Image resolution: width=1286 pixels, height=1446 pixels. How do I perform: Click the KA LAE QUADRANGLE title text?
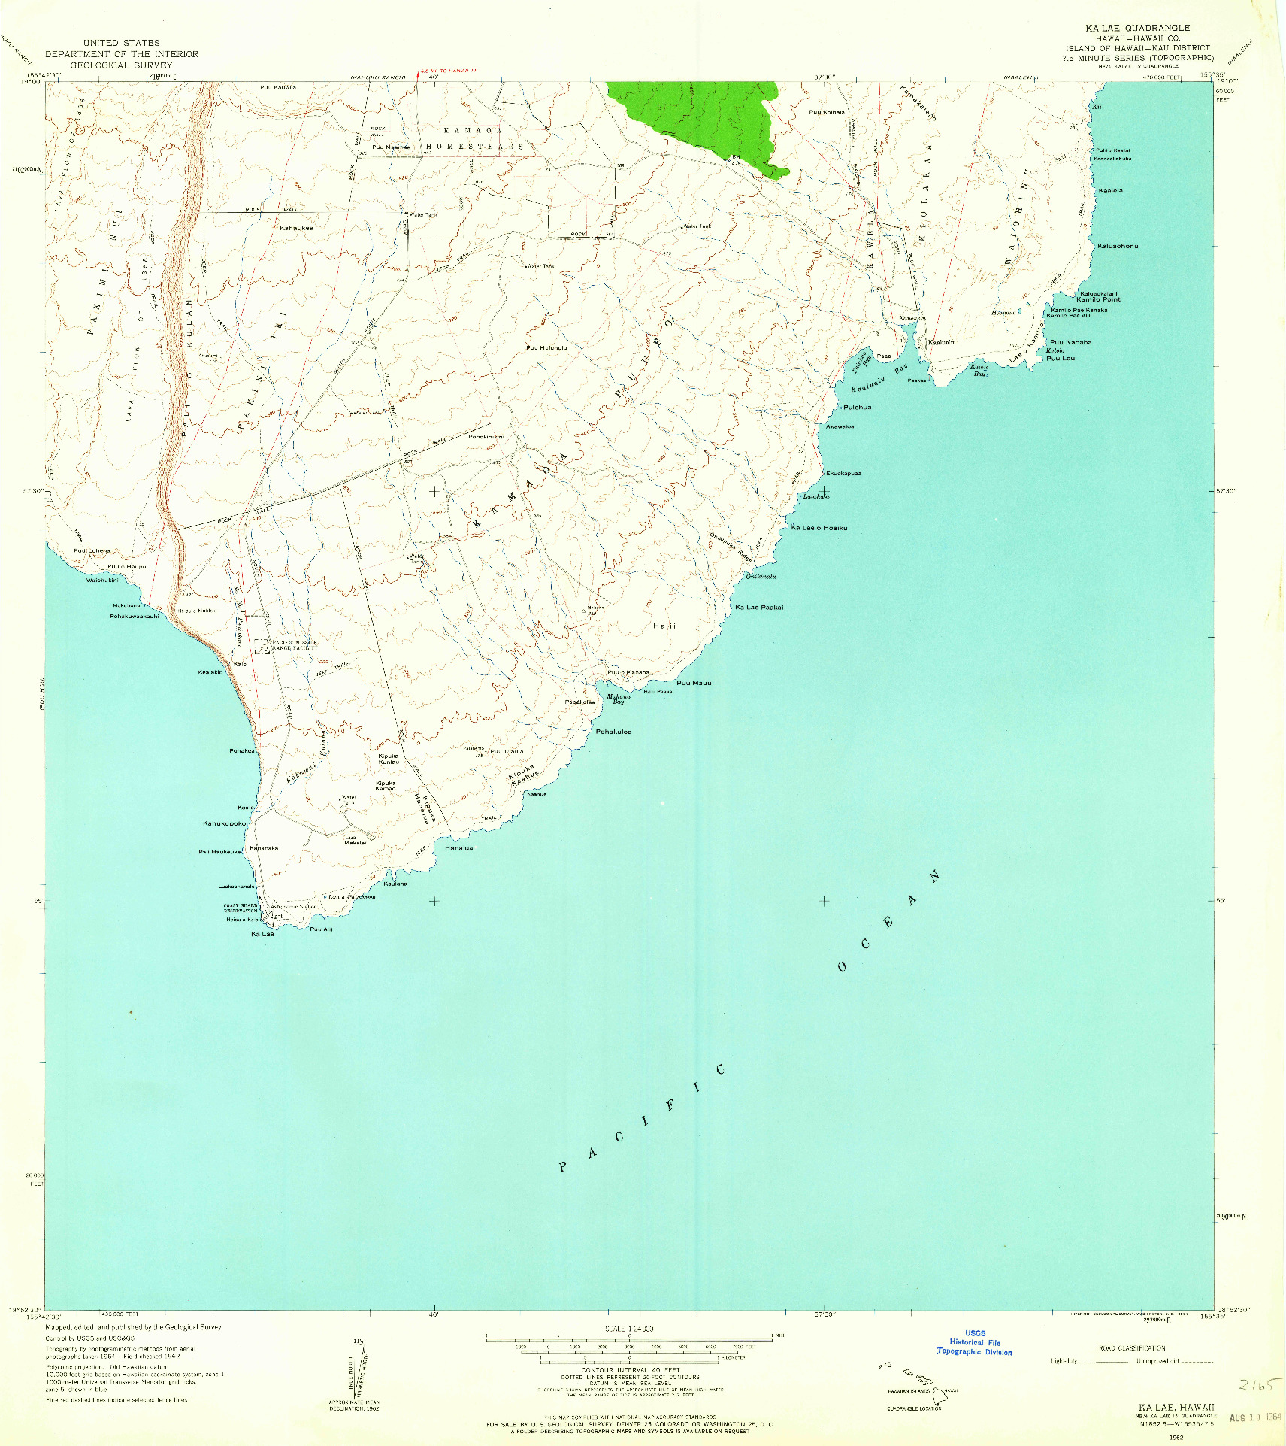pos(1136,28)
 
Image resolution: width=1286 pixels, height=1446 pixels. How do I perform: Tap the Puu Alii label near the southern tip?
pos(321,929)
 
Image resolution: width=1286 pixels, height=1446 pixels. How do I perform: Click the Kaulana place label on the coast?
pos(395,884)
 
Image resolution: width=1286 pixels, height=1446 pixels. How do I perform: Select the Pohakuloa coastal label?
pos(613,732)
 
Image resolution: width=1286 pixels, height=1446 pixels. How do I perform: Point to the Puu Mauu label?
pos(694,683)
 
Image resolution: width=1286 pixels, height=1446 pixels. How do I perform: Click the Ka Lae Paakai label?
pos(759,607)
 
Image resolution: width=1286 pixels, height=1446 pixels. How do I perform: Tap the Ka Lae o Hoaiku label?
pos(819,528)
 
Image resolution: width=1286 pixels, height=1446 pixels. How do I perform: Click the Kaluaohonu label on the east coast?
pos(1118,246)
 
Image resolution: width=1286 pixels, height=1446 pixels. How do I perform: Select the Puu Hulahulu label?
pos(546,348)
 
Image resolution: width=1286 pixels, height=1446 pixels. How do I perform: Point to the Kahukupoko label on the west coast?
pos(224,823)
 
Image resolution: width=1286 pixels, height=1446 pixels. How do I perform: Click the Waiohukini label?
pos(102,580)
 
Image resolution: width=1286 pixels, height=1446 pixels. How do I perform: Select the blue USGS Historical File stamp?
pos(974,1342)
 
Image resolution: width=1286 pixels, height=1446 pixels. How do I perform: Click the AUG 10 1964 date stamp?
pos(1254,1417)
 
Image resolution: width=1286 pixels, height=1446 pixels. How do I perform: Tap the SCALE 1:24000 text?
pos(629,1329)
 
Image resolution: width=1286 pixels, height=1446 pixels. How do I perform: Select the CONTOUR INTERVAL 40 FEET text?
pos(630,1370)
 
